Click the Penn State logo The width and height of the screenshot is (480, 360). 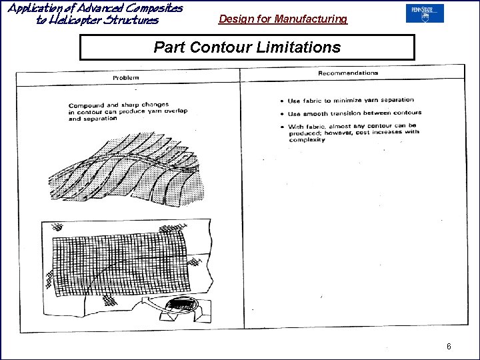pos(424,13)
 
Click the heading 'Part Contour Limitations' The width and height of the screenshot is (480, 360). pos(247,47)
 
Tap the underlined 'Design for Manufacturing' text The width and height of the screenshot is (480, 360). pos(283,19)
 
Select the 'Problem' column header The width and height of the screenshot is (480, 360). pos(125,78)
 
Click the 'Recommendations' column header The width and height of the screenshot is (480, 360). pos(348,73)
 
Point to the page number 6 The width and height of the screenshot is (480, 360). pos(449,347)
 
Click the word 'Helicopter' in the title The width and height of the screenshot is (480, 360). pos(91,20)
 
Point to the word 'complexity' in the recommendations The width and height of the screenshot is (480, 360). pos(307,140)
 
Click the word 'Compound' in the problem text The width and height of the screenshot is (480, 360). pos(85,106)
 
